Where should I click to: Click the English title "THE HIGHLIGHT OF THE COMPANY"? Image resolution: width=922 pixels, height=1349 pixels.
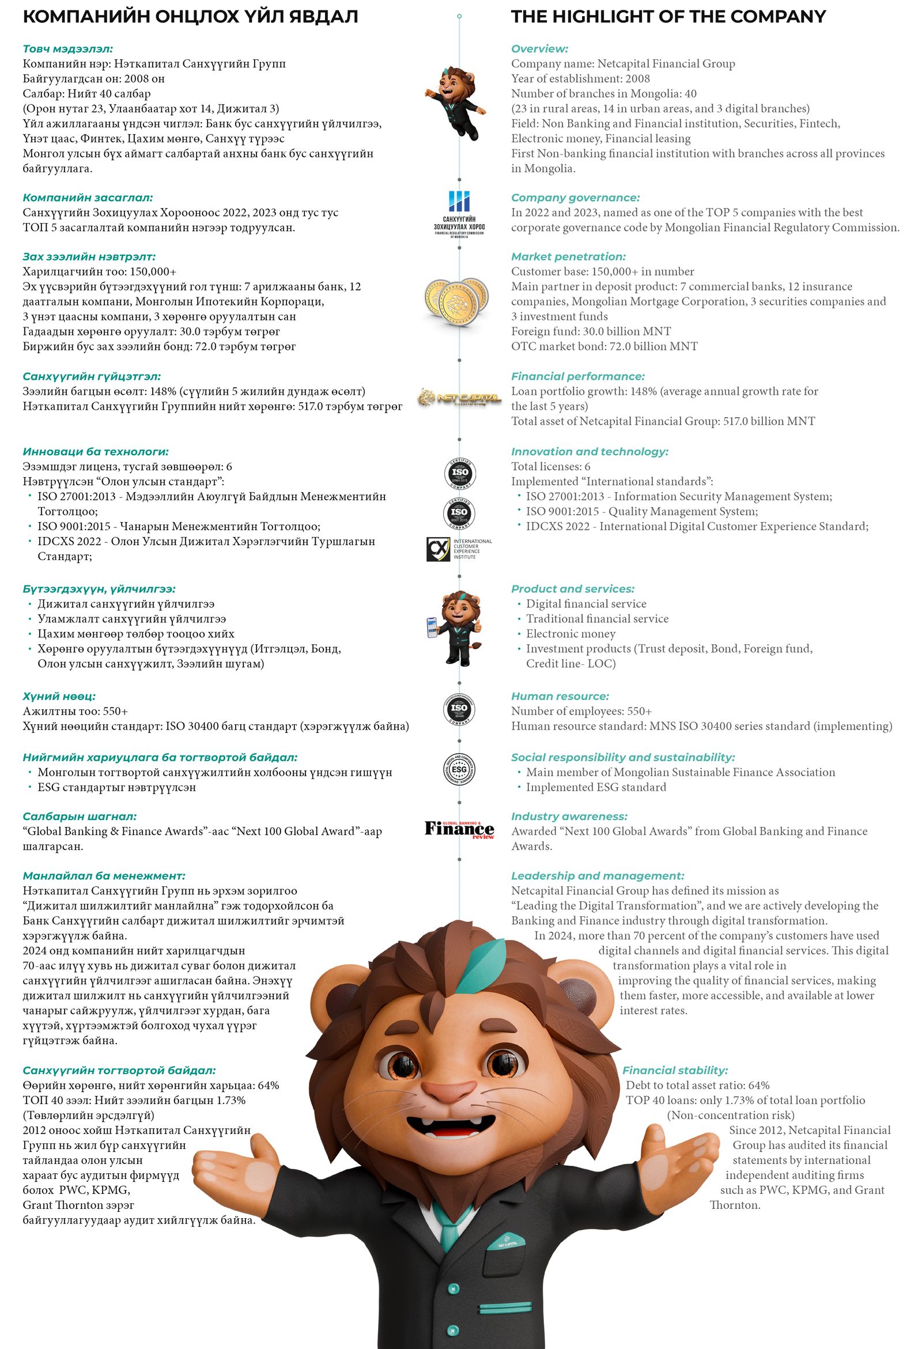pos(668,17)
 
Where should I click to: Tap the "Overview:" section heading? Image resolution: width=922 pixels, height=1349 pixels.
pos(539,49)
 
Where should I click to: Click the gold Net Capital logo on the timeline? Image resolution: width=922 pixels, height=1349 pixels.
pos(459,398)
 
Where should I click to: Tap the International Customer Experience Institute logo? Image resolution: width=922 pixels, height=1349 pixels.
pos(459,549)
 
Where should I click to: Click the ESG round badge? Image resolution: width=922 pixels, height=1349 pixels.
pos(459,770)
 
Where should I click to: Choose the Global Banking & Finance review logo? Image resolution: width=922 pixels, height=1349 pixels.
pos(459,829)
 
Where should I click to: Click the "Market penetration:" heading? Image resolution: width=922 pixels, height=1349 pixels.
pos(568,256)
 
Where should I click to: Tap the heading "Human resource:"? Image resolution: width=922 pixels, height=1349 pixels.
pos(560,696)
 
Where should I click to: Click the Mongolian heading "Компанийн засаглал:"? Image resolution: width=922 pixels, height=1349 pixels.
pos(88,197)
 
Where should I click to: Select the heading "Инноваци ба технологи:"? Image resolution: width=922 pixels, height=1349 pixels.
pos(96,452)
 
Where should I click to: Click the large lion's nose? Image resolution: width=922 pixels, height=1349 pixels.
pos(449,1090)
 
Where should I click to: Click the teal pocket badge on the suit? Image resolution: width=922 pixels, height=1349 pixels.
pos(507,1243)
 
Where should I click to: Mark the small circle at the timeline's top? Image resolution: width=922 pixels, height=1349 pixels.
pos(459,16)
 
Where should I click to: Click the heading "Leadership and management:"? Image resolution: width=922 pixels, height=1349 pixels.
pos(598,876)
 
